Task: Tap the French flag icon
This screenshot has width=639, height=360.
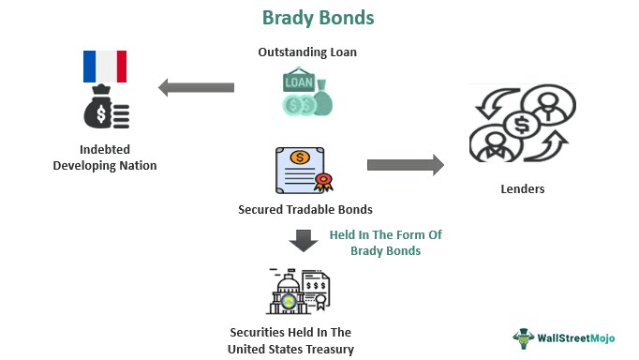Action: point(105,67)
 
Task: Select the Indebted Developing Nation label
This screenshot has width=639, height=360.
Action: point(105,157)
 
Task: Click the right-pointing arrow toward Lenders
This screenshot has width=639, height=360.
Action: point(405,165)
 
